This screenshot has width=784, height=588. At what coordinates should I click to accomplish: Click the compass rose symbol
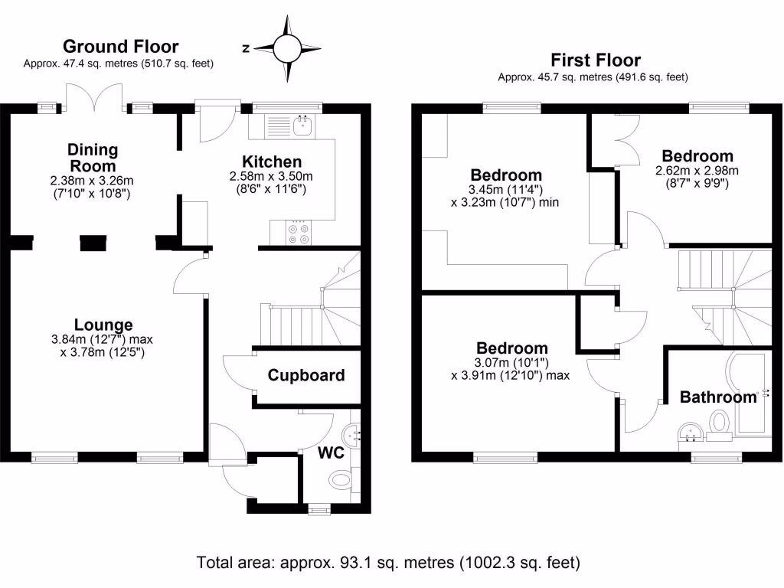288,48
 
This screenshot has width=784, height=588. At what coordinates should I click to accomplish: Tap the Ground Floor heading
120,47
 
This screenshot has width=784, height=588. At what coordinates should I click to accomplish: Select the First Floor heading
596,60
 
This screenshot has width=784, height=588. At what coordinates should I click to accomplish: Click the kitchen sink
304,125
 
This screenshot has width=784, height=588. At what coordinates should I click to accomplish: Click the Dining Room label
93,157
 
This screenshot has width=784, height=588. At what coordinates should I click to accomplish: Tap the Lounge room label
103,325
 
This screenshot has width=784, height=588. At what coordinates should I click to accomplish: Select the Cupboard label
306,375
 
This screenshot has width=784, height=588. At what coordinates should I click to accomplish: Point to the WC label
332,452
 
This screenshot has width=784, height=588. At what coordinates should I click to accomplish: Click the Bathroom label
718,397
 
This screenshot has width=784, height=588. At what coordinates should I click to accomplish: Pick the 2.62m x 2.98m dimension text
697,170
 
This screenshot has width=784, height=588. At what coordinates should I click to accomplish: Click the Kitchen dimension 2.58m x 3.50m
272,175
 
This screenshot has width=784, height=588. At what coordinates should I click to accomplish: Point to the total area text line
389,562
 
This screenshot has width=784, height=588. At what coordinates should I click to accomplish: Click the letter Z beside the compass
246,48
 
